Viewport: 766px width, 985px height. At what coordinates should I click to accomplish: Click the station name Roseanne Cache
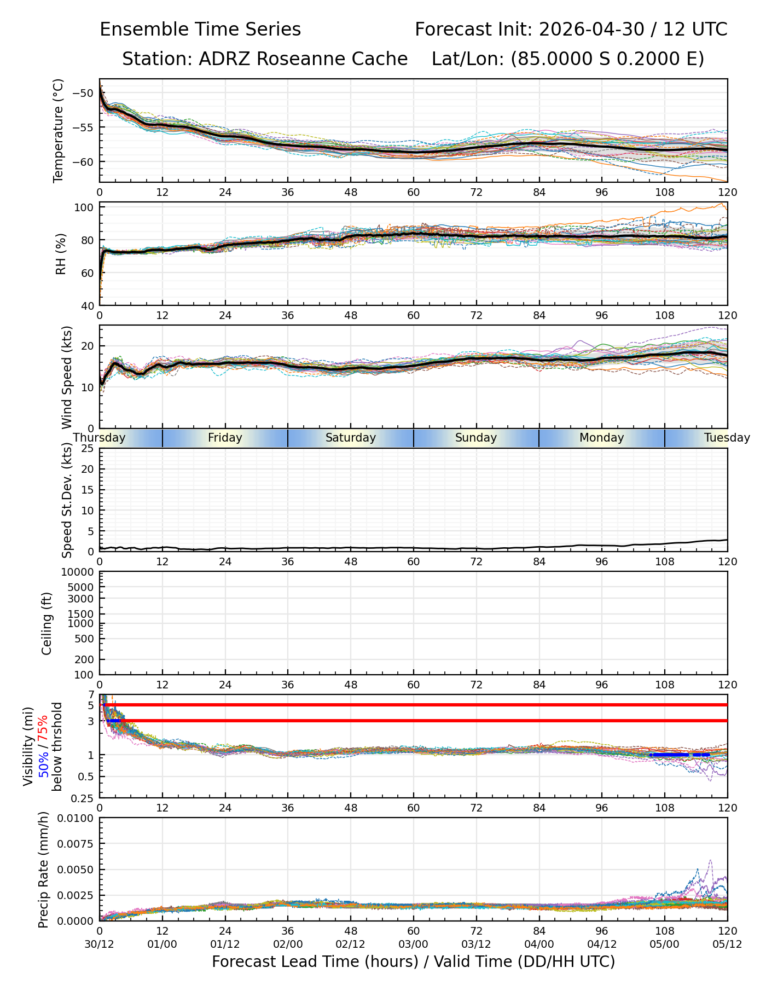tap(332, 59)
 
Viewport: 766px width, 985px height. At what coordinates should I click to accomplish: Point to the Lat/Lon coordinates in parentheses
tap(607, 59)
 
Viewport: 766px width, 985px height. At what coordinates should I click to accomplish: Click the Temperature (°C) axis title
tap(59, 130)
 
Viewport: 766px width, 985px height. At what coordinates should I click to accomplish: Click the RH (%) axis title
tap(61, 254)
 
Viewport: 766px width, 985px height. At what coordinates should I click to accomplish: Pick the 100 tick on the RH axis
tap(88, 207)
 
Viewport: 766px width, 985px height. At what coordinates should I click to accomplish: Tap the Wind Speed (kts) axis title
tap(67, 377)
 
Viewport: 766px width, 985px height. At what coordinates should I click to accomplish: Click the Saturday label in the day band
tap(351, 438)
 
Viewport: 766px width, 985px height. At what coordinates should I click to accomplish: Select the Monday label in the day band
tap(602, 438)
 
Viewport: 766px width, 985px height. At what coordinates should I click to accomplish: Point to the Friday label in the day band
tap(225, 438)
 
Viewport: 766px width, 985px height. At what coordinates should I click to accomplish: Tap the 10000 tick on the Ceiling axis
tap(80, 572)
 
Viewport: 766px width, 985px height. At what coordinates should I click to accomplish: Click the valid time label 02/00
tap(288, 944)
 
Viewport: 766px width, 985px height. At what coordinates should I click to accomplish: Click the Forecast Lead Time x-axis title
tap(414, 961)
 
